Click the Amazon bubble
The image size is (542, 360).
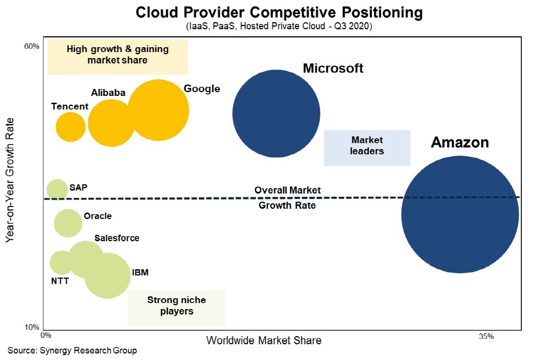tap(460, 215)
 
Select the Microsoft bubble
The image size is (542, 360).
tap(276, 113)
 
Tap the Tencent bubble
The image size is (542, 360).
tap(70, 127)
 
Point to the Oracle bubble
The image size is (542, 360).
tap(67, 222)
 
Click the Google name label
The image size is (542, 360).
tap(202, 89)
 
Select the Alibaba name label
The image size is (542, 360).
tap(108, 93)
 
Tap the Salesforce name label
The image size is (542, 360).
tap(117, 238)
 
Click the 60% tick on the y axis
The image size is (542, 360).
tap(32, 47)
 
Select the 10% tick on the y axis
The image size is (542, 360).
tap(32, 327)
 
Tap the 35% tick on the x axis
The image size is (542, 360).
tap(486, 337)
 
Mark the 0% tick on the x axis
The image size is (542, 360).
tap(46, 337)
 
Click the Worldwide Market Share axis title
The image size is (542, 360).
tap(264, 340)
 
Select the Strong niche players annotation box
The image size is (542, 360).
tap(177, 306)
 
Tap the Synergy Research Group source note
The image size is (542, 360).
tap(72, 351)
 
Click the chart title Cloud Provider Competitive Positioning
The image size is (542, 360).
tap(272, 12)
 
